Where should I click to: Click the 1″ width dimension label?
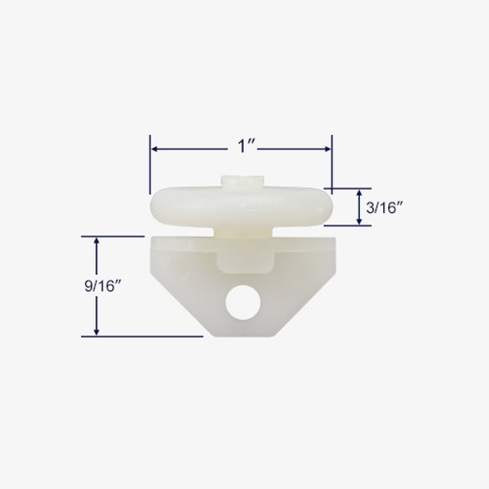click(x=246, y=146)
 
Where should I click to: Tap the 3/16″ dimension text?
click(x=385, y=207)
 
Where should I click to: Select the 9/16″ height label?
click(x=103, y=285)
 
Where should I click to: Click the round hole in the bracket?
click(x=243, y=302)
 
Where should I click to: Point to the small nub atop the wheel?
click(x=243, y=181)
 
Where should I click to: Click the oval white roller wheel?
click(x=241, y=208)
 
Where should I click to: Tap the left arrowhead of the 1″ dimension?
click(x=154, y=149)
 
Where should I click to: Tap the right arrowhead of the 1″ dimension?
click(x=327, y=149)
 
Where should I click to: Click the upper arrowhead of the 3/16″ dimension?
click(x=359, y=193)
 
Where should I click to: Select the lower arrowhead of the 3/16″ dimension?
click(x=359, y=220)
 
